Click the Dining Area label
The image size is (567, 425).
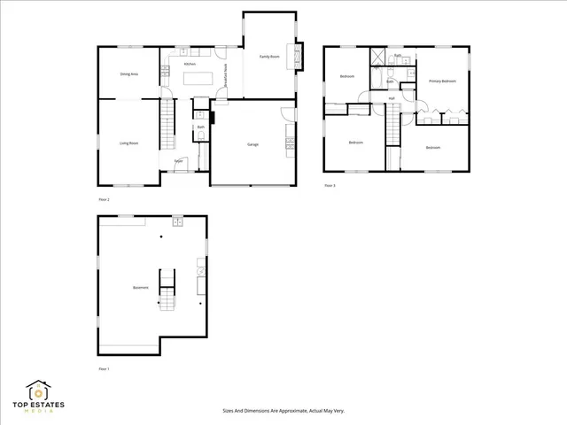pyautogui.click(x=128, y=74)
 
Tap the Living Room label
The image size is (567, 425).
pyautogui.click(x=128, y=143)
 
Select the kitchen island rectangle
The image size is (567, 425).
pyautogui.click(x=198, y=78)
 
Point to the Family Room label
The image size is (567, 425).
pyautogui.click(x=269, y=56)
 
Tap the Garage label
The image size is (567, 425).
pyautogui.click(x=252, y=143)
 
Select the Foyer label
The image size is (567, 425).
pyautogui.click(x=178, y=161)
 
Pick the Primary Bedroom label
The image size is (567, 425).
pyautogui.click(x=442, y=81)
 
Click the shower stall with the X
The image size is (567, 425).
pyautogui.click(x=378, y=59)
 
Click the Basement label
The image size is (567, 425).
pyautogui.click(x=140, y=287)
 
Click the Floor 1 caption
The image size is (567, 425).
pyautogui.click(x=104, y=368)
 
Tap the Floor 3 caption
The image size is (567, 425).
pyautogui.click(x=330, y=185)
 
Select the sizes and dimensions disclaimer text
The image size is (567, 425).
pyautogui.click(x=283, y=411)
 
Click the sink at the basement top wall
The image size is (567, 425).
pyautogui.click(x=176, y=219)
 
